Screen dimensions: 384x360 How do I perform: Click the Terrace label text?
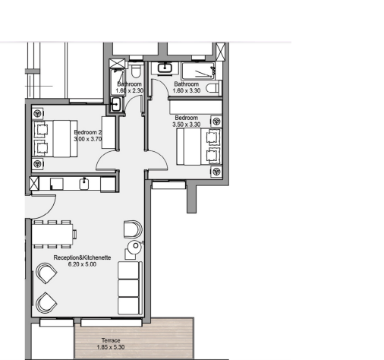[x=111, y=340]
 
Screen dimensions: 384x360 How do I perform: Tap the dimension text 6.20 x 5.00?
[x=82, y=264]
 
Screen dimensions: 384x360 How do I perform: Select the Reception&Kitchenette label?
[x=82, y=257]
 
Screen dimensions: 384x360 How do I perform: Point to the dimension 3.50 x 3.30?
[x=187, y=125]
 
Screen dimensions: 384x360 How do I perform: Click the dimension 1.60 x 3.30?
[x=187, y=90]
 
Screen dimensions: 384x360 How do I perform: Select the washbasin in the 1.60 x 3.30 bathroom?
[x=165, y=68]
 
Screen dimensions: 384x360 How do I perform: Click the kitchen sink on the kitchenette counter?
[x=84, y=183]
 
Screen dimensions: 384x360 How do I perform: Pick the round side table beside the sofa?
[x=134, y=247]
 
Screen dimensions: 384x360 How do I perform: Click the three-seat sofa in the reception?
[x=130, y=288]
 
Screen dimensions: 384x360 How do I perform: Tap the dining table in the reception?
[x=52, y=234]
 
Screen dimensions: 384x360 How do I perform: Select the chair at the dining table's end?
[x=75, y=234]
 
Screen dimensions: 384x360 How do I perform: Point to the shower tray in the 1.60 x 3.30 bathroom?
[x=198, y=71]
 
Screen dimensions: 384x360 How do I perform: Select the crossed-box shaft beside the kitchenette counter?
[x=34, y=183]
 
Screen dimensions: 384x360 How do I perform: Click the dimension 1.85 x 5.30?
[x=111, y=347]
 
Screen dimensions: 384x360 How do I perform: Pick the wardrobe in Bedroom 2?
[x=109, y=132]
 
